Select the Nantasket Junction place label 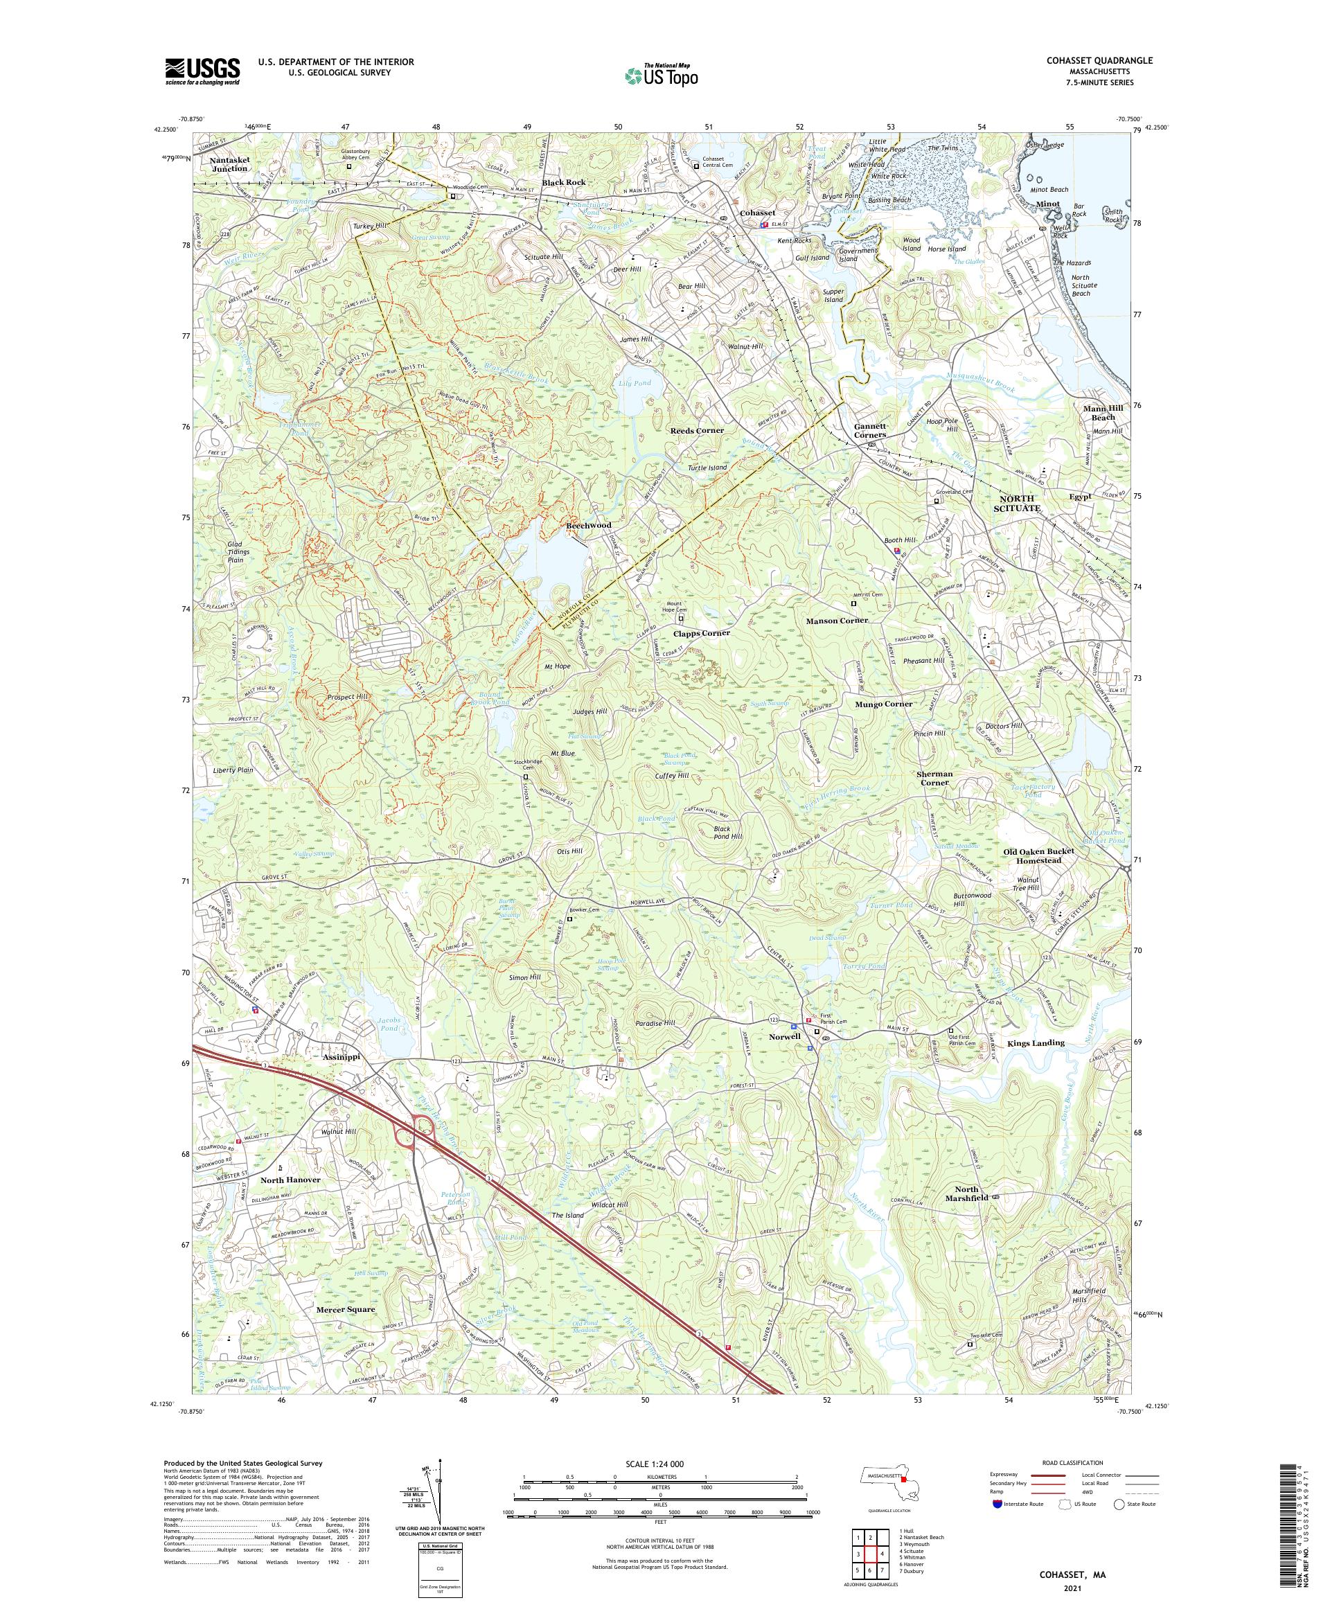[229, 163]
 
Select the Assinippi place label [336, 1056]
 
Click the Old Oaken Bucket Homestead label [1039, 855]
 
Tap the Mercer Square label [346, 1309]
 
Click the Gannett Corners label [870, 430]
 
